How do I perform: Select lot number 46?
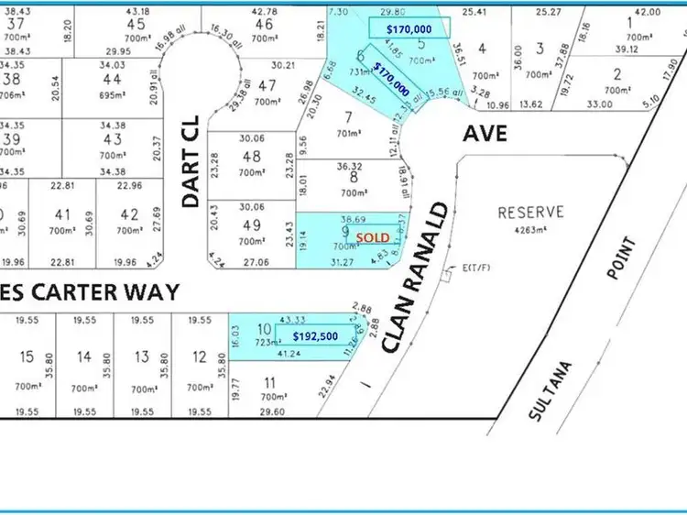(264, 24)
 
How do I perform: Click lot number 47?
(267, 85)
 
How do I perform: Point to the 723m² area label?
(263, 341)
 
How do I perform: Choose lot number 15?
(26, 356)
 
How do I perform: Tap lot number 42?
(130, 214)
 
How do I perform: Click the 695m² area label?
(111, 95)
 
